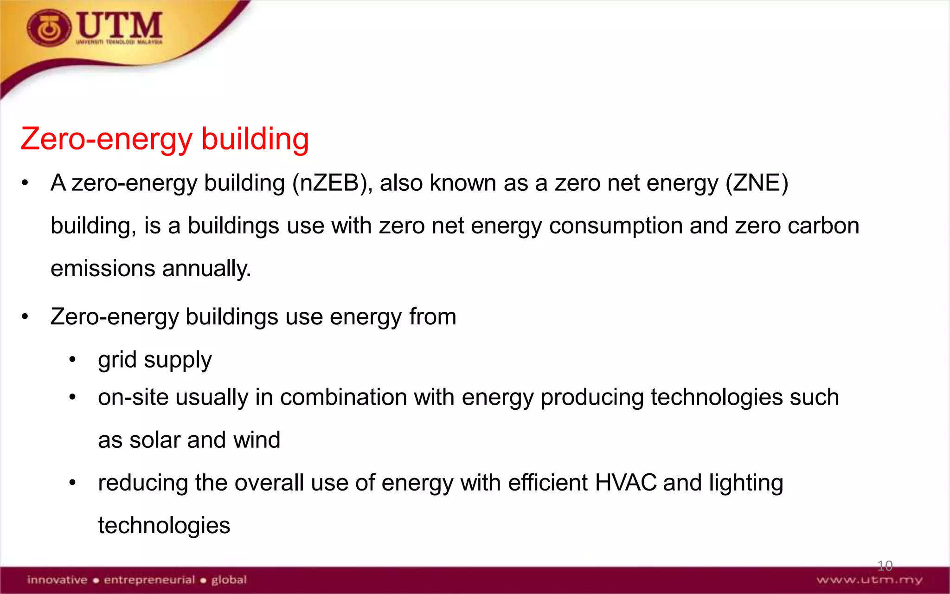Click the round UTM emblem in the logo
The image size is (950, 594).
49,28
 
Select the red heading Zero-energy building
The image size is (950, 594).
165,139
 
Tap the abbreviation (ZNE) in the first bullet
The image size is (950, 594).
757,183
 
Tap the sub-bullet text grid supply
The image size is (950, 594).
155,360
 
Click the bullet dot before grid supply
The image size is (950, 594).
72,360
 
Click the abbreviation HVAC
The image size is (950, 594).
625,483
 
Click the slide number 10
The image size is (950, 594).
885,565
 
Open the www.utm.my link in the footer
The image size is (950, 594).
869,580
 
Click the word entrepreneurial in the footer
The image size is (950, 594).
149,580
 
